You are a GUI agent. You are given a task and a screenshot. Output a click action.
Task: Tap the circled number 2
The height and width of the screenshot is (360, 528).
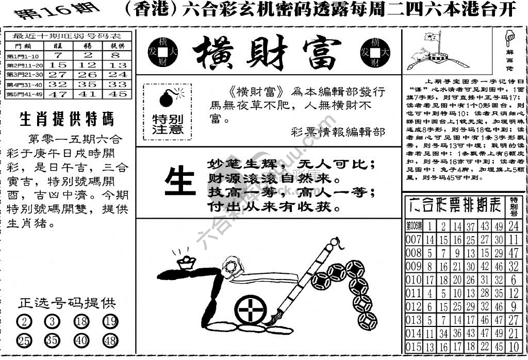(x=24, y=322)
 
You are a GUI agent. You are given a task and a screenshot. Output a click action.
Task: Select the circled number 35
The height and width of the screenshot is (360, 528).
(x=51, y=341)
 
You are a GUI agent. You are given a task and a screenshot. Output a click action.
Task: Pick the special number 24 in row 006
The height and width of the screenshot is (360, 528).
(x=513, y=226)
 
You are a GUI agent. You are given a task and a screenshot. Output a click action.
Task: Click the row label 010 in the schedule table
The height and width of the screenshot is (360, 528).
(x=414, y=280)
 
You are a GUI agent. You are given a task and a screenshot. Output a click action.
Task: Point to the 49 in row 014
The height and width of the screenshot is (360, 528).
(x=498, y=333)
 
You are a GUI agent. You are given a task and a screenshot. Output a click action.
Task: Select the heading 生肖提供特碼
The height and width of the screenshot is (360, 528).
(x=66, y=119)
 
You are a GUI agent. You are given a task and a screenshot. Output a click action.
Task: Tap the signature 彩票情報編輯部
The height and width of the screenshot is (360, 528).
(x=337, y=132)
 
